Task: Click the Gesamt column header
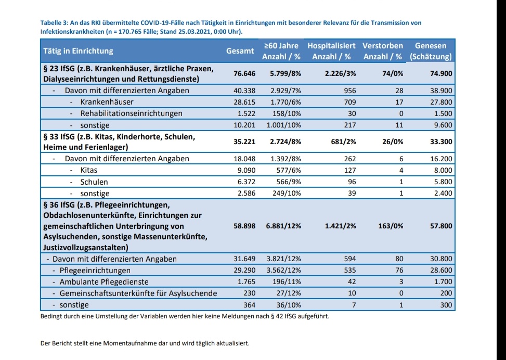tap(240, 51)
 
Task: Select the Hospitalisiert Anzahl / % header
tap(331, 51)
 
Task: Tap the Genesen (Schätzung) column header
tap(431, 51)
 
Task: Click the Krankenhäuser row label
tap(107, 102)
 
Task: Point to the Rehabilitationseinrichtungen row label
tap(131, 113)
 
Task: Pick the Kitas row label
tap(89, 170)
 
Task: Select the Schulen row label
tap(94, 182)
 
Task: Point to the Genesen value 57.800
tap(441, 226)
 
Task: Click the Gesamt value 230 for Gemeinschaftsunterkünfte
tap(249, 293)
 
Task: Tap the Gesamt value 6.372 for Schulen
tap(245, 182)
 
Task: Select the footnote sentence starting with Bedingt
tap(184, 316)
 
